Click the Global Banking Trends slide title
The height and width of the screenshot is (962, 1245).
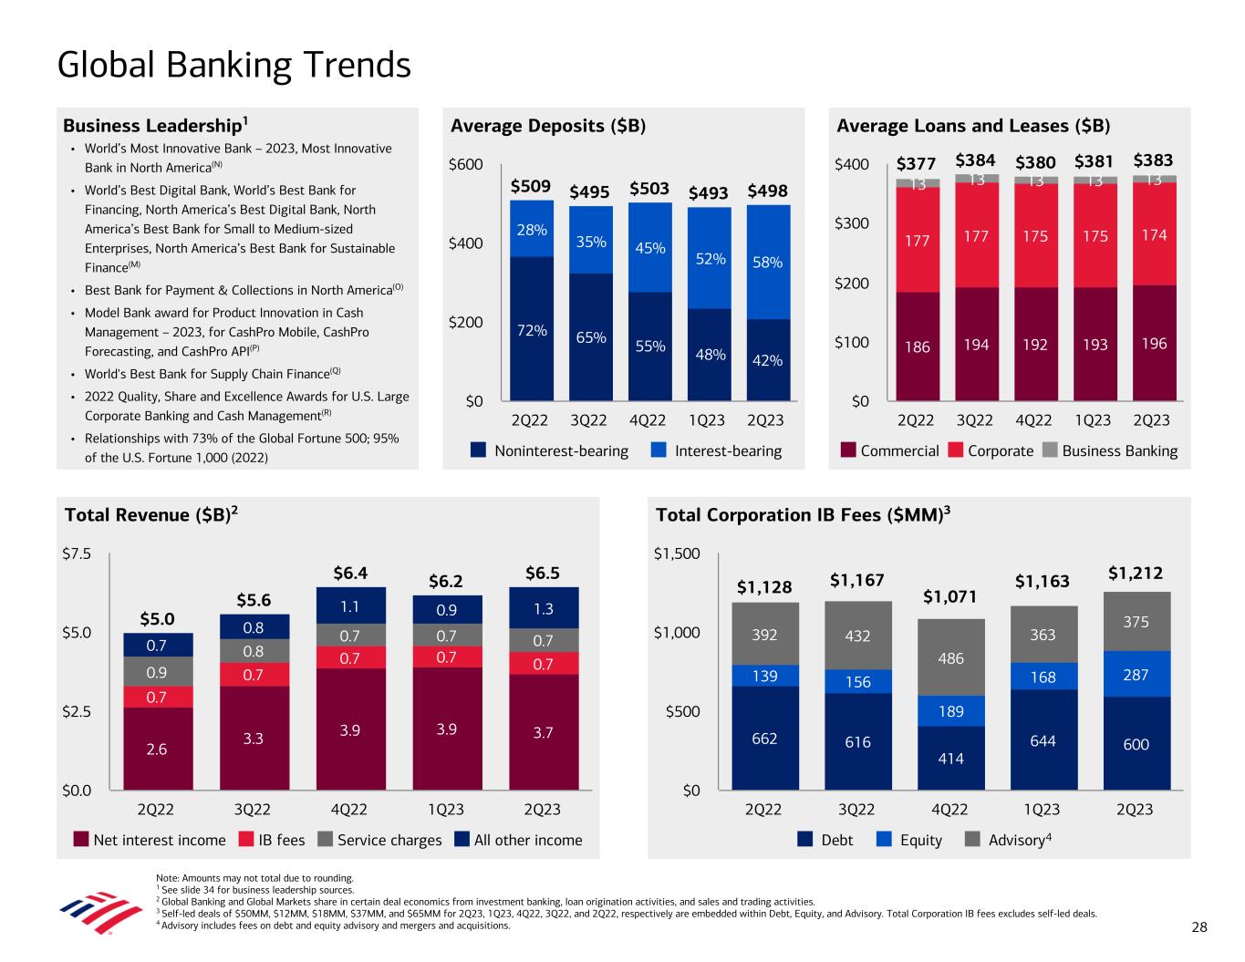[x=233, y=66]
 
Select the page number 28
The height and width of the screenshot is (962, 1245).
[x=1198, y=927]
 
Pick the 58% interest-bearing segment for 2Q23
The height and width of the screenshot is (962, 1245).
[x=767, y=262]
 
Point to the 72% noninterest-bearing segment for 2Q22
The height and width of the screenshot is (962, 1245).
[x=532, y=330]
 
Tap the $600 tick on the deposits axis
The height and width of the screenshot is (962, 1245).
[x=465, y=165]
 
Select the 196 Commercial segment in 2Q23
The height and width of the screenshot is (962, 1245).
[x=1154, y=344]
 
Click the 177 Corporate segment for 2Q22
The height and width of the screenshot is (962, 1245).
[x=918, y=241]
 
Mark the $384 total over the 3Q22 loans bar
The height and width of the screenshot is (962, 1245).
[x=975, y=161]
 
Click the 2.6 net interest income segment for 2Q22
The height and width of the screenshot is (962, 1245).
[x=158, y=749]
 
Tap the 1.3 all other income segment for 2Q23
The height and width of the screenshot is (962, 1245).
[x=543, y=608]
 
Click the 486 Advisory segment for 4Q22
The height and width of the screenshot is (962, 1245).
[x=950, y=658]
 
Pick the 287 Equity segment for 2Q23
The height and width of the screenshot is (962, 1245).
[x=1136, y=675]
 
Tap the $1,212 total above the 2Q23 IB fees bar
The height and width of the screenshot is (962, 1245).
[x=1135, y=574]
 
